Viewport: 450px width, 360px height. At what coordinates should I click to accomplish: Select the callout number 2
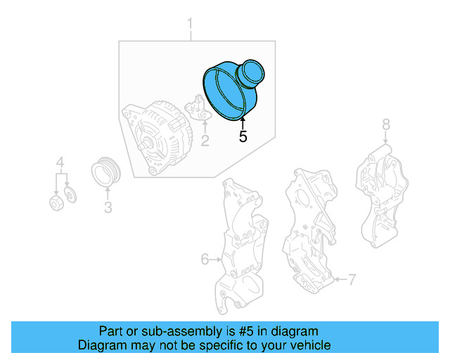click(205, 141)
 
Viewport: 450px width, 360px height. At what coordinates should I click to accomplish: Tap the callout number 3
click(108, 207)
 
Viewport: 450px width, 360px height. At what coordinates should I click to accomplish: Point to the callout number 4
click(60, 166)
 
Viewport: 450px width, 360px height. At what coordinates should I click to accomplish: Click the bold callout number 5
click(243, 137)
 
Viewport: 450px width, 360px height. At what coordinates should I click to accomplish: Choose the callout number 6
click(205, 259)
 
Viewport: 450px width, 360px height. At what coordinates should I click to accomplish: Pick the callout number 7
click(353, 281)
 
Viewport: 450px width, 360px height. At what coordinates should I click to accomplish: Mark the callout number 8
click(385, 125)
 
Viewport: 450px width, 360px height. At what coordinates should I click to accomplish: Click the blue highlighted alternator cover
click(232, 90)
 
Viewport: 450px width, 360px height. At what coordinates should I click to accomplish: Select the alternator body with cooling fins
click(156, 138)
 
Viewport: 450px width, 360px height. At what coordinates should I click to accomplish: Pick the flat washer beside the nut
click(70, 193)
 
